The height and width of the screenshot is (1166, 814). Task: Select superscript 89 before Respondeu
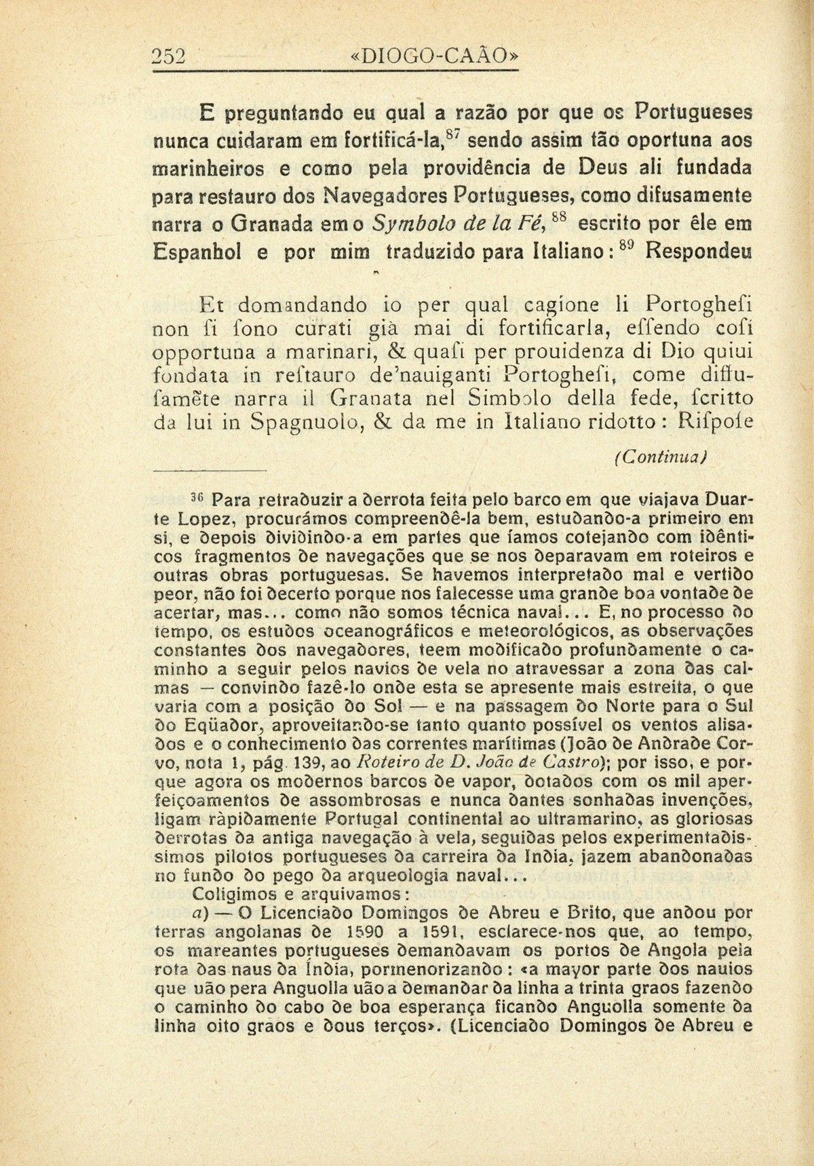629,248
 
